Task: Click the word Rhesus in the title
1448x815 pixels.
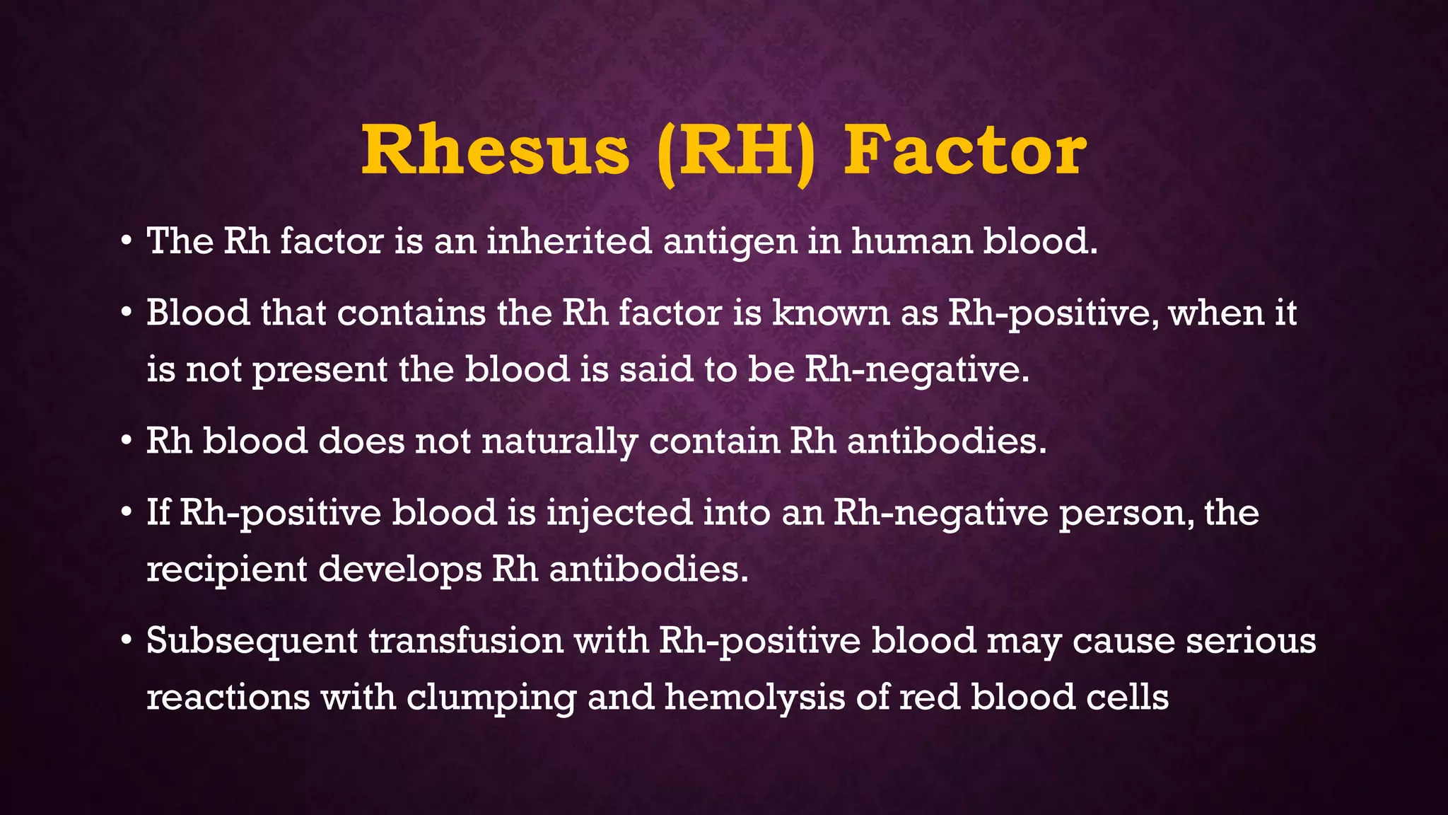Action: coord(495,151)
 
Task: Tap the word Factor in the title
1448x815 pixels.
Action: coord(965,151)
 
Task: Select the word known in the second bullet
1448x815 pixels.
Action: coord(831,313)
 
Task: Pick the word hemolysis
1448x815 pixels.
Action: coord(754,698)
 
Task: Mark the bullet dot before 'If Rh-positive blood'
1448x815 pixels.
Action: coord(126,512)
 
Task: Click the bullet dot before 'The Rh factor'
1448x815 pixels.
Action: coord(126,241)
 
